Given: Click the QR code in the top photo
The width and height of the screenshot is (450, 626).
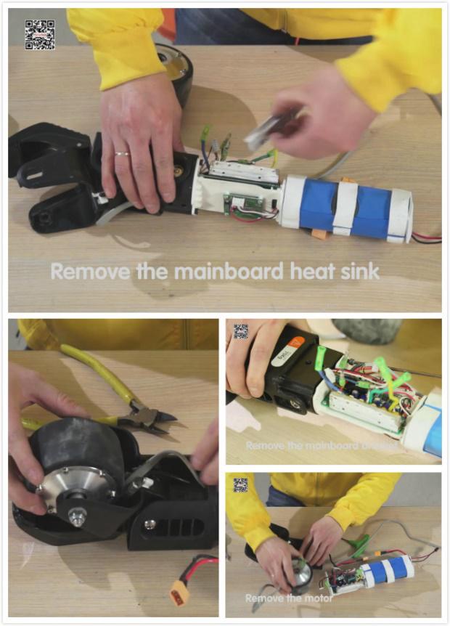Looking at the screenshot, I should coord(40,34).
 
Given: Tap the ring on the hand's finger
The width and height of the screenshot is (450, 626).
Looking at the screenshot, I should coord(121,154).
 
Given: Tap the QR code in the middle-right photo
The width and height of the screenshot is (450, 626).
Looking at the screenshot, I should coord(241,331).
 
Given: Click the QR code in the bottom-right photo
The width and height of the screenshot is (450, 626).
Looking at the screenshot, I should coord(241,484).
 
